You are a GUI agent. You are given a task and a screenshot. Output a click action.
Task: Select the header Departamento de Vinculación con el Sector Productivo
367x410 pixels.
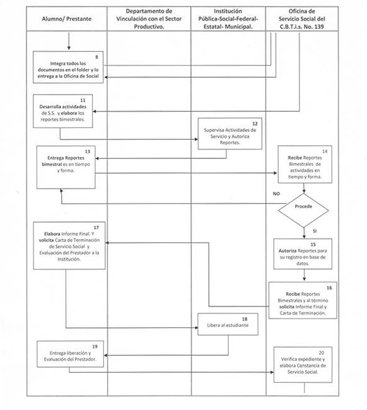coord(149,20)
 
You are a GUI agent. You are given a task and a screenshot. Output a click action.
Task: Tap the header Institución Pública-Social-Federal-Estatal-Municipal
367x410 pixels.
coord(228,20)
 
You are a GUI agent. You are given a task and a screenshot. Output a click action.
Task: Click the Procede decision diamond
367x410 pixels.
coord(303,206)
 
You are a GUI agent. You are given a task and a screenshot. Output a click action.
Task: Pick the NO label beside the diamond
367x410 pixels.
coord(276,194)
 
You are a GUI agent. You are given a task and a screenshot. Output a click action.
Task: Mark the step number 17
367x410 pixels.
coord(96,227)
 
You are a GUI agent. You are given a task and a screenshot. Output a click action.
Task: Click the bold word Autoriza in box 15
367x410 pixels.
coord(290,250)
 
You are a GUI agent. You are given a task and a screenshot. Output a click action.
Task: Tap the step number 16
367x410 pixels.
coord(329,288)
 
